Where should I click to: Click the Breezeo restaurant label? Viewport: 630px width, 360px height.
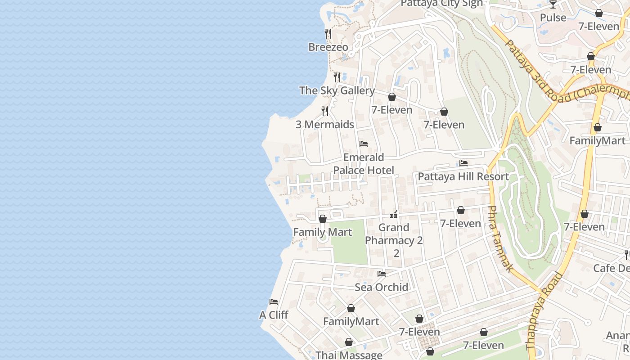point(328,47)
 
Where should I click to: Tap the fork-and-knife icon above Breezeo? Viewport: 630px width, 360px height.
point(328,33)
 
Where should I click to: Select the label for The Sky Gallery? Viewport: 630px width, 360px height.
point(337,90)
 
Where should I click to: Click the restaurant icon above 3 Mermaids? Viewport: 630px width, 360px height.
point(325,111)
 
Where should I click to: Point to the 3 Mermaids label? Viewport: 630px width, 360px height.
point(325,125)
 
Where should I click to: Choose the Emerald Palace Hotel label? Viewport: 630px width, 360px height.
point(364,164)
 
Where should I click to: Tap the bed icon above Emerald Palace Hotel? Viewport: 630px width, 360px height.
point(364,144)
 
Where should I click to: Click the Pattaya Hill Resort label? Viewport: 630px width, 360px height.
point(463,176)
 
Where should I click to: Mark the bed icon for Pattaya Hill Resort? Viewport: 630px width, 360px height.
point(463,163)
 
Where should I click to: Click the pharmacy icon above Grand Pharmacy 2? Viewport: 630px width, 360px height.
point(394,215)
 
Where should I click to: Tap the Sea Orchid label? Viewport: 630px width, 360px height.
point(382,287)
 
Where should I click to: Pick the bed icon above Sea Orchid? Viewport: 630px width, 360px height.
point(382,274)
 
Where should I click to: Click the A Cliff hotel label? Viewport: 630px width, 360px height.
point(274,315)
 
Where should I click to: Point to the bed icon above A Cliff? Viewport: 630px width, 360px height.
point(274,301)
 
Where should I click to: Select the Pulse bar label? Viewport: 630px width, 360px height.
point(553,18)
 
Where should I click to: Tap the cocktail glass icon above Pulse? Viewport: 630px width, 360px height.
point(553,4)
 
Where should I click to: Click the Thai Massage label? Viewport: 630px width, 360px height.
point(349,355)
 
